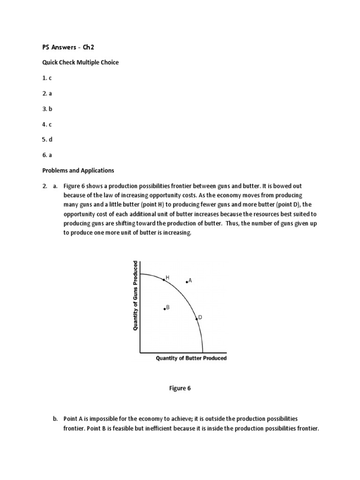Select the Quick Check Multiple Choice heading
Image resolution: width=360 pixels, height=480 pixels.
pyautogui.click(x=78, y=62)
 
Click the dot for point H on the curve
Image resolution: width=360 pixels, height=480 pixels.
pyautogui.click(x=164, y=279)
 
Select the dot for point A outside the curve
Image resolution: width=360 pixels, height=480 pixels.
pyautogui.click(x=187, y=282)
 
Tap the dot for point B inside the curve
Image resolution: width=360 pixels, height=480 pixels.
pyautogui.click(x=165, y=308)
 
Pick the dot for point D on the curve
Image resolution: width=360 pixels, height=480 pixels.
pyautogui.click(x=196, y=319)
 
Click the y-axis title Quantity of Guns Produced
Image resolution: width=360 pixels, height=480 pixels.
pyautogui.click(x=135, y=295)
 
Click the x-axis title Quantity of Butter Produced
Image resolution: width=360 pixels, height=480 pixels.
pyautogui.click(x=191, y=358)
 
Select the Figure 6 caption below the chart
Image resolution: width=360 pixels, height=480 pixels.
pyautogui.click(x=180, y=388)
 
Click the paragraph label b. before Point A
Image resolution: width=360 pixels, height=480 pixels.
pyautogui.click(x=55, y=418)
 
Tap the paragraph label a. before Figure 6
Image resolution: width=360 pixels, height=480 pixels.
pyautogui.click(x=55, y=186)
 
